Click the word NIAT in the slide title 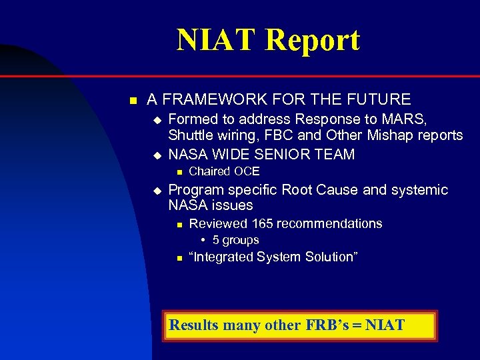(217, 40)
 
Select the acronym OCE (245, 171)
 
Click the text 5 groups (235, 240)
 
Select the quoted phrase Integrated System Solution (273, 257)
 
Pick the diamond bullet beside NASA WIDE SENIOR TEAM (157, 155)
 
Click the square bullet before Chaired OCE (179, 172)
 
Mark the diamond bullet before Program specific (157, 191)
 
